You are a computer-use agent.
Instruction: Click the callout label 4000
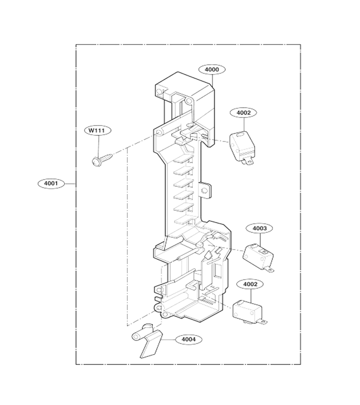(x=212, y=69)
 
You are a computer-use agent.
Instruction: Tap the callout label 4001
(x=51, y=184)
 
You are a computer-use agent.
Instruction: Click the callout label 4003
(x=259, y=228)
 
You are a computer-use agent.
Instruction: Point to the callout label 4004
(x=189, y=339)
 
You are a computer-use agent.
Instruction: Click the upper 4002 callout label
(x=243, y=112)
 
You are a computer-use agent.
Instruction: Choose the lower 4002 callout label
(x=250, y=284)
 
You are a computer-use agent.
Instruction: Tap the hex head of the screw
(x=96, y=162)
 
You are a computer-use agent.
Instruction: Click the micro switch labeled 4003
(x=258, y=257)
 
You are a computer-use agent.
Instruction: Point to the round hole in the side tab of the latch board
(x=205, y=191)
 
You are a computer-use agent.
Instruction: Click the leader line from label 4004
(x=169, y=339)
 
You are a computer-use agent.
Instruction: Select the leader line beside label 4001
(x=70, y=184)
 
